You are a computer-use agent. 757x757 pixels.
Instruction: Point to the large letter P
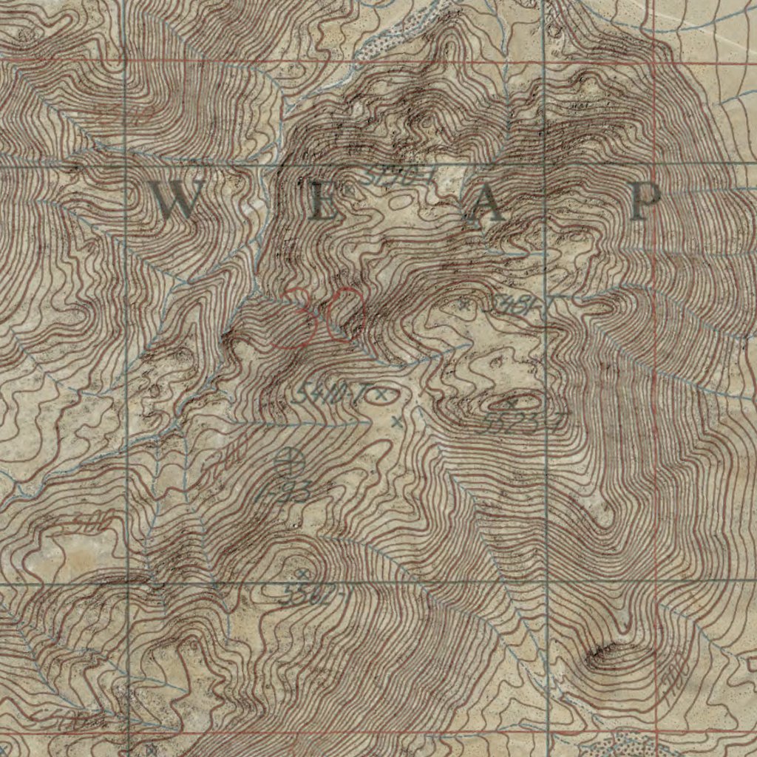click(x=645, y=203)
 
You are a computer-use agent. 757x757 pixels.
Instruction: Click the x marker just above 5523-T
click(x=511, y=403)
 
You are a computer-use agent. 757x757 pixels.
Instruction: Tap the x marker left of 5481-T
click(x=464, y=303)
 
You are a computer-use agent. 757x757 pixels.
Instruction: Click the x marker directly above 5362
click(x=301, y=574)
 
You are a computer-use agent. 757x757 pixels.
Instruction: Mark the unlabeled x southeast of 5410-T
click(x=397, y=422)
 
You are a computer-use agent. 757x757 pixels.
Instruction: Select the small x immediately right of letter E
click(x=344, y=191)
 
